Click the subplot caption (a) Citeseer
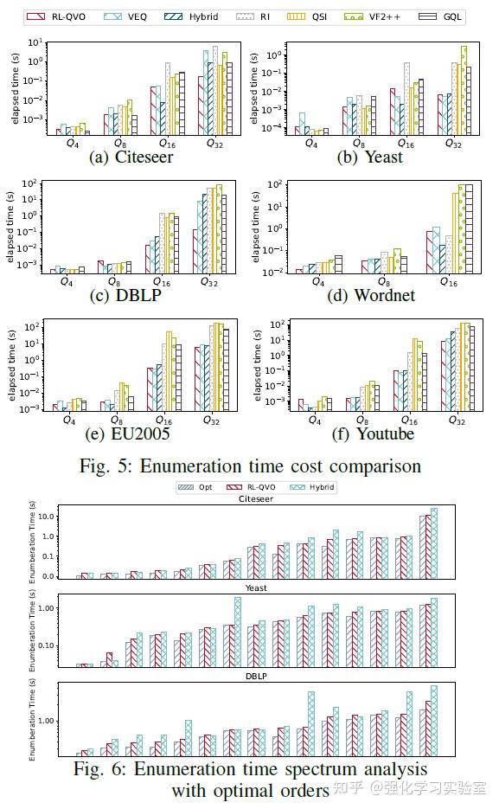[x=131, y=157]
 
